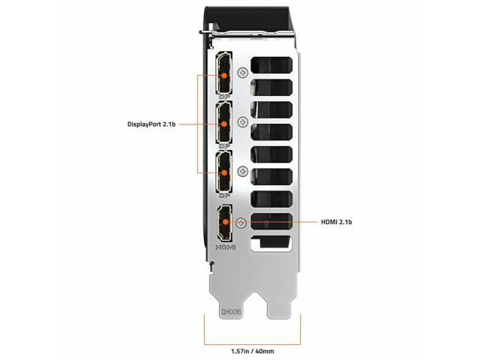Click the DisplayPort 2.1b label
click(x=151, y=124)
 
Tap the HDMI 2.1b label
click(x=336, y=222)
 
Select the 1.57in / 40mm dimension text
click(x=252, y=351)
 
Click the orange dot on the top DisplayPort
click(x=224, y=75)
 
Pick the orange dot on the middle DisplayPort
click(x=224, y=124)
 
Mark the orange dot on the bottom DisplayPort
click(x=224, y=173)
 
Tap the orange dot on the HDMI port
click(x=226, y=222)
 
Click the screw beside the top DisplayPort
click(x=243, y=73)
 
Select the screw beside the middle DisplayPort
click(x=243, y=122)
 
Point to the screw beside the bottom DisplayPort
click(x=243, y=172)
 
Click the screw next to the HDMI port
click(x=241, y=223)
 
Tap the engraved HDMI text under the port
click(x=226, y=247)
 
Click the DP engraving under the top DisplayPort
click(x=225, y=97)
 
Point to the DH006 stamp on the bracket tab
click(x=232, y=312)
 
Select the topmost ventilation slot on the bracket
click(x=271, y=65)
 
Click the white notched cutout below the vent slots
click(x=271, y=244)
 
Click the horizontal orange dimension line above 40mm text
click(x=253, y=344)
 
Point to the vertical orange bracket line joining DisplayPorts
click(x=198, y=124)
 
